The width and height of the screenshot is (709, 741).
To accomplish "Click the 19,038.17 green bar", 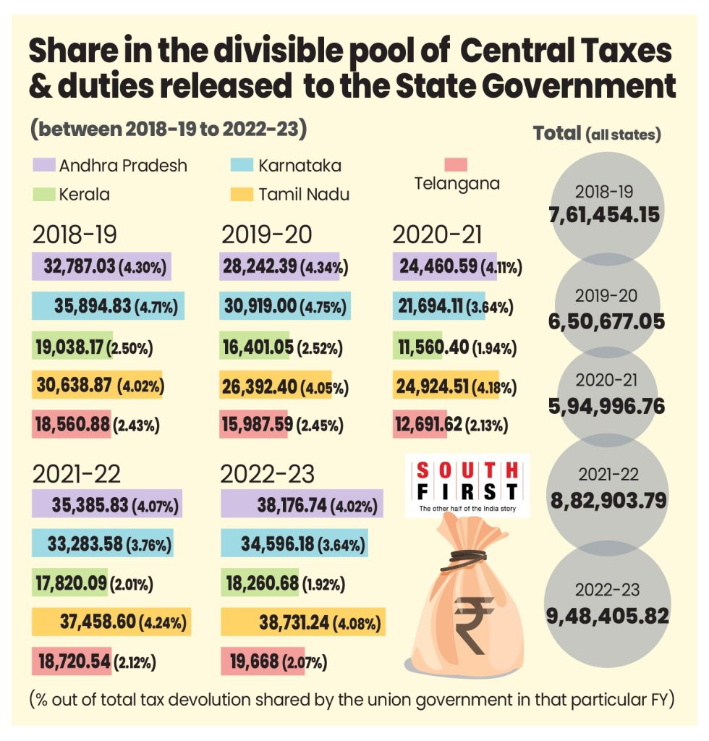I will pos(69,346).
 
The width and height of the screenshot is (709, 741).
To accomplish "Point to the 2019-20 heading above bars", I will pos(267,234).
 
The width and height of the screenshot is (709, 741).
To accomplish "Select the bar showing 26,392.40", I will pos(275,386).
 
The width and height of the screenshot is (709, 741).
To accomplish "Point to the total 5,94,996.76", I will pos(607,406).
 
